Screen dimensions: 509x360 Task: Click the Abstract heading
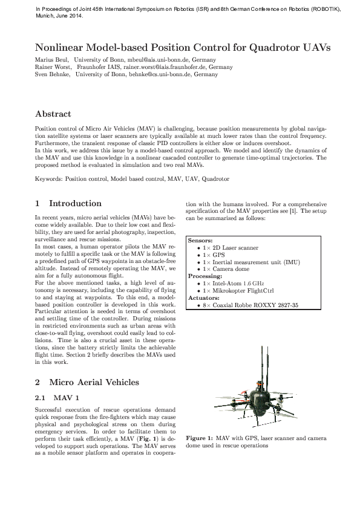(53, 114)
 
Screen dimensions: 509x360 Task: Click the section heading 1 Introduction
(68, 203)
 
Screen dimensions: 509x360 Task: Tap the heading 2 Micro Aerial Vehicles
(87, 382)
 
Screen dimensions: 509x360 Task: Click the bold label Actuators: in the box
(203, 298)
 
